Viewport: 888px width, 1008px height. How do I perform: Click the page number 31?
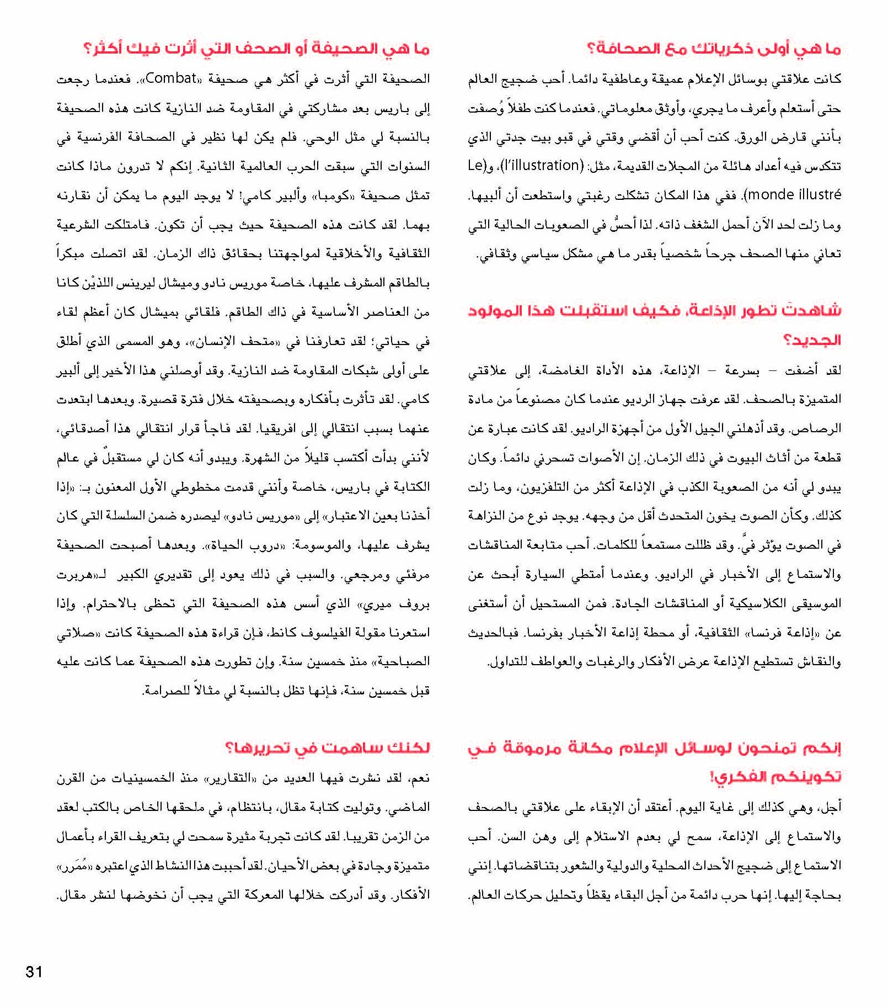34,972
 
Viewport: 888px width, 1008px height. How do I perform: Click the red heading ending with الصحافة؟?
714,49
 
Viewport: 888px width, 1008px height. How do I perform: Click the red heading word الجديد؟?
812,339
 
